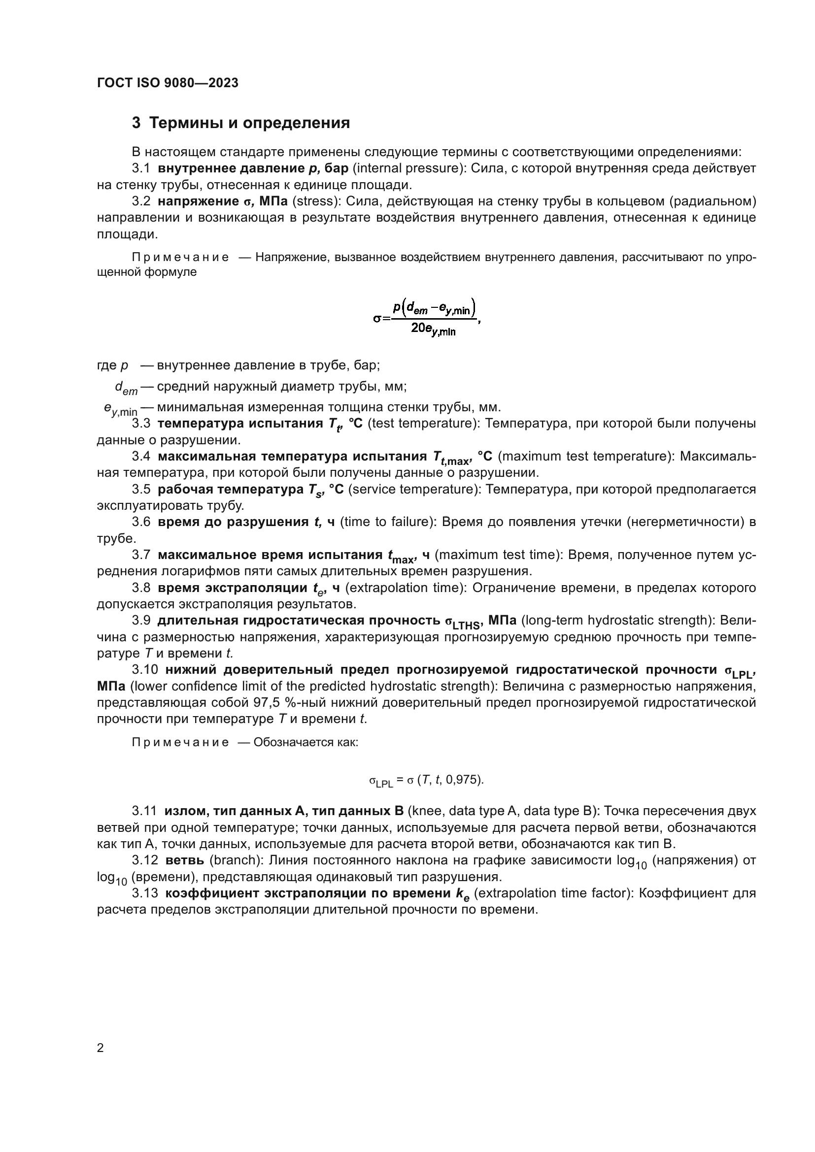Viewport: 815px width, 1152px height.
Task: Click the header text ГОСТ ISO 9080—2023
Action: pyautogui.click(x=168, y=83)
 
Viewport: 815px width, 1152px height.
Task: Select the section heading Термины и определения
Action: pyautogui.click(x=249, y=123)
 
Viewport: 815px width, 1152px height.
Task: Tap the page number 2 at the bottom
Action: pyautogui.click(x=101, y=1048)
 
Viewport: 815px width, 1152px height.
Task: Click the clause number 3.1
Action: pyautogui.click(x=141, y=168)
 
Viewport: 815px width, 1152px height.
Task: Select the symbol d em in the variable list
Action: pyautogui.click(x=126, y=387)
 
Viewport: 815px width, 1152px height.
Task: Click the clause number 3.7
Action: pyautogui.click(x=141, y=555)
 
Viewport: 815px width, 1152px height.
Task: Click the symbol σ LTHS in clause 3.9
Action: pyautogui.click(x=462, y=622)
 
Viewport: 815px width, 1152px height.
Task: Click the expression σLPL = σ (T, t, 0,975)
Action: pyautogui.click(x=426, y=780)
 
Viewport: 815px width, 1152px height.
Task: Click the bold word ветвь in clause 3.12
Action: pyautogui.click(x=184, y=860)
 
